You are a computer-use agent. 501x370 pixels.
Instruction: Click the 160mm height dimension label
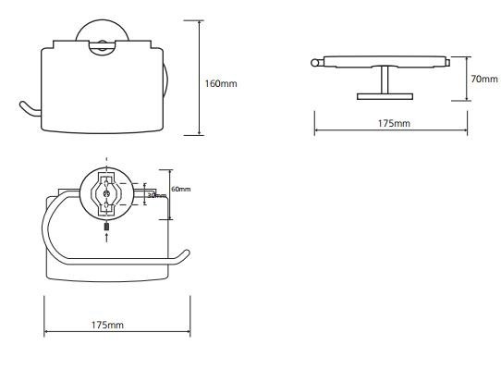click(221, 84)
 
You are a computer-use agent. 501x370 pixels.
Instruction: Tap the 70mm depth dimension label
click(483, 79)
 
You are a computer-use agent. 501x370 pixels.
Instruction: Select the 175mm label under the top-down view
click(394, 123)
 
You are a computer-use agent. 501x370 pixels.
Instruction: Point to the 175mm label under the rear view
click(107, 325)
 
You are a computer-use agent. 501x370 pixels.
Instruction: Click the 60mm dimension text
click(180, 189)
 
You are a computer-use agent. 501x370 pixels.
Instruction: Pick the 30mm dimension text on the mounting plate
click(156, 195)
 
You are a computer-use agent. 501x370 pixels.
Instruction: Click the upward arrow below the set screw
click(106, 238)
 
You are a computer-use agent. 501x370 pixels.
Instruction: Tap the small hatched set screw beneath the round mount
click(106, 227)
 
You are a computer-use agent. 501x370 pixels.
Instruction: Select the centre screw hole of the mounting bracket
click(106, 193)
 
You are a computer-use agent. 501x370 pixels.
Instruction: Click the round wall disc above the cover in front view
click(103, 31)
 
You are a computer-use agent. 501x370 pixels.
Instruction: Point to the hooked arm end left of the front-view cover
click(29, 109)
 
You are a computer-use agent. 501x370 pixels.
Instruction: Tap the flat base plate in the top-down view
click(385, 96)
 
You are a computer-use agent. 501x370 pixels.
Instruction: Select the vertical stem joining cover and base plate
click(385, 80)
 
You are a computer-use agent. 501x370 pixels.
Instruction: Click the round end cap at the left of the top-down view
click(314, 63)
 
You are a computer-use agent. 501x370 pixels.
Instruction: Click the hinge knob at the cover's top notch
click(103, 45)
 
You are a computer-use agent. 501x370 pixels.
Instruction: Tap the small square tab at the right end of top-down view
click(448, 63)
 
